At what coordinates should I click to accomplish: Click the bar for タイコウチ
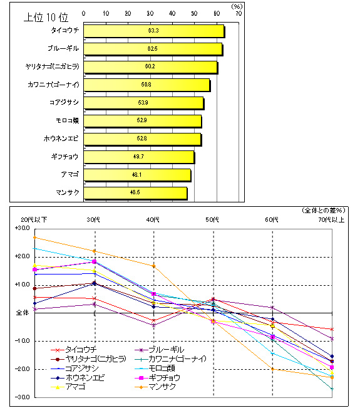pos(153,30)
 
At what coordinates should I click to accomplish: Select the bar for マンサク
pos(135,193)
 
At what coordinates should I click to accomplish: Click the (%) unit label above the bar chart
pos(236,6)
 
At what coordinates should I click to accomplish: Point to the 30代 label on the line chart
pos(95,220)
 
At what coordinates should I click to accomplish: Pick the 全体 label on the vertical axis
pos(23,312)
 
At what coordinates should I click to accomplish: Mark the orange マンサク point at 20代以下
pos(35,238)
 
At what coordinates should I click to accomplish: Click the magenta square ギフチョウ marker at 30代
pos(95,262)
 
